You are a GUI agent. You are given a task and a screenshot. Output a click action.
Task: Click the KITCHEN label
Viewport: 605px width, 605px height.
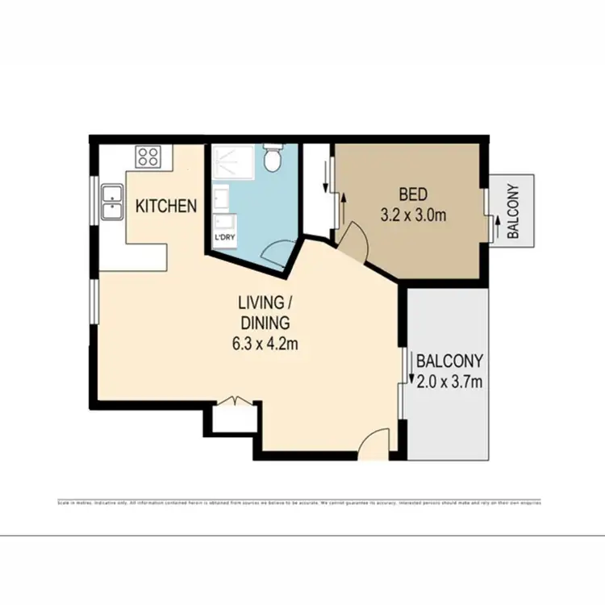click(x=165, y=207)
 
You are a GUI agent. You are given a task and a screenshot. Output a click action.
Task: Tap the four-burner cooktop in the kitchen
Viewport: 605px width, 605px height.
click(x=148, y=156)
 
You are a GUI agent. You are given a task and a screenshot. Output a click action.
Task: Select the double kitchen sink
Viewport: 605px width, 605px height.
click(x=111, y=202)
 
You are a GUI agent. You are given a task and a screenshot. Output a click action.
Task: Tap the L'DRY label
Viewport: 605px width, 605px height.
click(x=223, y=239)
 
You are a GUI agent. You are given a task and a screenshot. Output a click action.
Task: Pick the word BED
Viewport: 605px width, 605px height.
click(x=413, y=194)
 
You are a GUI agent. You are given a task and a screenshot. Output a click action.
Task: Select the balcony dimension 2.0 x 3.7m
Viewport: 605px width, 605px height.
click(x=449, y=381)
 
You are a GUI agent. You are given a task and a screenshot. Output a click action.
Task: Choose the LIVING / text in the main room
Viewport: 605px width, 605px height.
click(x=263, y=303)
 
